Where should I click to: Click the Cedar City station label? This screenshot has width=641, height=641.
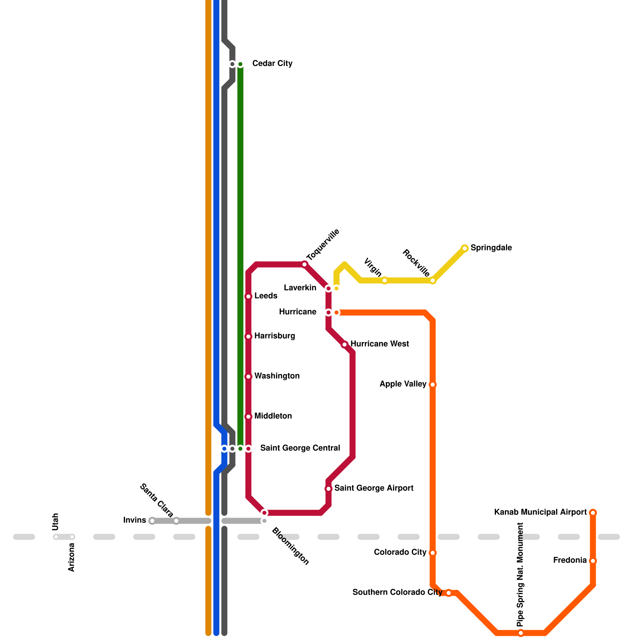tap(272, 64)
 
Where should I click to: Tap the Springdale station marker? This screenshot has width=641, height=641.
tap(465, 248)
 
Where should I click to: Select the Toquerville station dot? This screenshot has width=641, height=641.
tap(304, 264)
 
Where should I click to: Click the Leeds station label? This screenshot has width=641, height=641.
tap(266, 296)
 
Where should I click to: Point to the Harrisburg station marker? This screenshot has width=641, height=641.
tap(248, 337)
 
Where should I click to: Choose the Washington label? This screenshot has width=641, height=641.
tap(277, 376)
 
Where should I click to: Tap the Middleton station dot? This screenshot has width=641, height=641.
tap(248, 417)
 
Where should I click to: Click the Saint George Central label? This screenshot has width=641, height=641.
tap(300, 448)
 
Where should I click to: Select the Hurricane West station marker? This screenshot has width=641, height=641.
tap(345, 345)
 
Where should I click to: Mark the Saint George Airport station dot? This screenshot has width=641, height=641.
tap(329, 489)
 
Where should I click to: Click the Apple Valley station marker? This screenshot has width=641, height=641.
tap(433, 385)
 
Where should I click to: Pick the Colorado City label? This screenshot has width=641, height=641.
tap(400, 552)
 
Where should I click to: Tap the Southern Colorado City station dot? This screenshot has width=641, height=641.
tap(449, 593)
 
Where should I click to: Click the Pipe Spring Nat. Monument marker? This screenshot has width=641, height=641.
tap(521, 633)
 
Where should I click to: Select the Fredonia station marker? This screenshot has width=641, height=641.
tap(593, 561)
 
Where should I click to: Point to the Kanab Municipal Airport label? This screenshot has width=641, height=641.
tap(540, 512)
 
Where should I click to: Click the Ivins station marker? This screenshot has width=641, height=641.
tap(152, 521)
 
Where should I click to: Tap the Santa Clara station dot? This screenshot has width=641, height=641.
tap(176, 521)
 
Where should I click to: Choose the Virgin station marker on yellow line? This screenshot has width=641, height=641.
tap(385, 280)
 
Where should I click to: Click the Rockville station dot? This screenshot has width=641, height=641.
tap(433, 280)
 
